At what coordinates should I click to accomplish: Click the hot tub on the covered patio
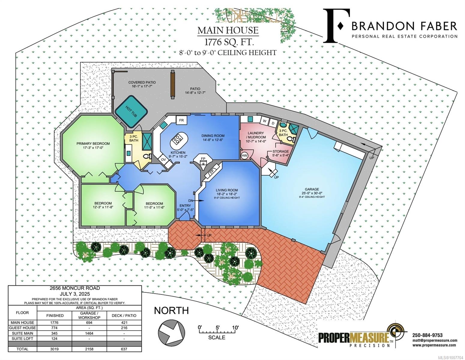(x=131, y=112)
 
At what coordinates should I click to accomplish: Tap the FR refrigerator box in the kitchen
(x=181, y=120)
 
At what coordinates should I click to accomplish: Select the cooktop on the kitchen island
(x=177, y=139)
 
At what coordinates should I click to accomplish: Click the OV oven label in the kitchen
(x=164, y=160)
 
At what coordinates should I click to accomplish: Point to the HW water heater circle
(x=244, y=156)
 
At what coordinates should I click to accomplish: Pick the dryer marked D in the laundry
(x=273, y=123)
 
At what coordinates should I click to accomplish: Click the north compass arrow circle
(x=171, y=333)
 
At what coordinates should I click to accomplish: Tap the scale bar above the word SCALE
(x=217, y=332)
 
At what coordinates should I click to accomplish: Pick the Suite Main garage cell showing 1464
(x=89, y=333)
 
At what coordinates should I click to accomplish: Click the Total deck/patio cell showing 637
(x=124, y=349)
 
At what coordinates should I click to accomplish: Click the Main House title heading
(x=228, y=30)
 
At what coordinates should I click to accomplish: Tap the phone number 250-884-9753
(x=427, y=335)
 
